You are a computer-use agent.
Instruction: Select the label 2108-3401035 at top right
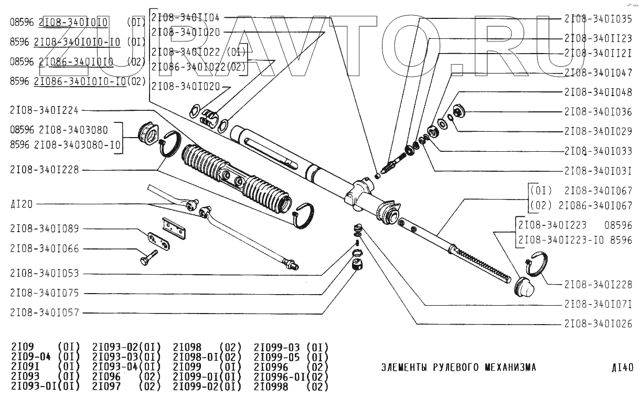598,18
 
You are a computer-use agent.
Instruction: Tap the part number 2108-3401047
598,73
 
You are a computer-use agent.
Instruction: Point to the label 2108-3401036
598,111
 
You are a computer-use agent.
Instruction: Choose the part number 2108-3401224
44,110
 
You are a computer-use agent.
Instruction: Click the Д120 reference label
21,204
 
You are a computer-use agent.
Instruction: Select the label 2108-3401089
44,229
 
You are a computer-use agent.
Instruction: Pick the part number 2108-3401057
44,312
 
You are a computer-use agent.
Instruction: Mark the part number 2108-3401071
598,304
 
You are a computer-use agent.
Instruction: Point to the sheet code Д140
623,367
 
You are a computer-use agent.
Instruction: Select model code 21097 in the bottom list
106,386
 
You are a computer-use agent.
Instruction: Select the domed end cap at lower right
523,288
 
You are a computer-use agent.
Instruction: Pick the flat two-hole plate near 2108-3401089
157,241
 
